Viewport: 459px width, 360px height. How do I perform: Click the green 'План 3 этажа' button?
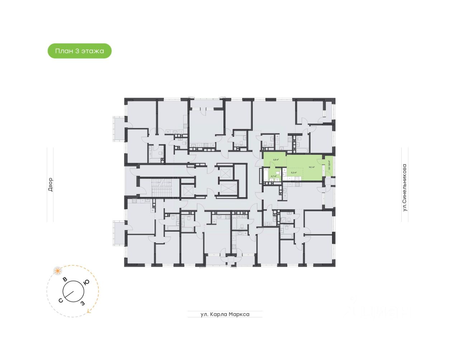(x=80, y=51)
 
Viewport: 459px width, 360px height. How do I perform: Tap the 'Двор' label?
(x=50, y=184)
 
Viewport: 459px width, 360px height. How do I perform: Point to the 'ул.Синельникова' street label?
(x=405, y=188)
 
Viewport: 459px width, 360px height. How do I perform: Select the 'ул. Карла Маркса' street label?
(x=225, y=314)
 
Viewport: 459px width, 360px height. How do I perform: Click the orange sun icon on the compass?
(x=57, y=271)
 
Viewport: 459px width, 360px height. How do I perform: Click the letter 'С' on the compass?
(x=61, y=300)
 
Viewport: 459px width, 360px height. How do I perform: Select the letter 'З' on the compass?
(x=82, y=303)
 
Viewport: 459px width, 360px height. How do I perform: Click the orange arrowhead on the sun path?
(x=88, y=313)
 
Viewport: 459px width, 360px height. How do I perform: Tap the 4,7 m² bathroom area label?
(x=274, y=176)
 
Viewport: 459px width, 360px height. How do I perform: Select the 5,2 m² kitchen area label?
(x=294, y=172)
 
